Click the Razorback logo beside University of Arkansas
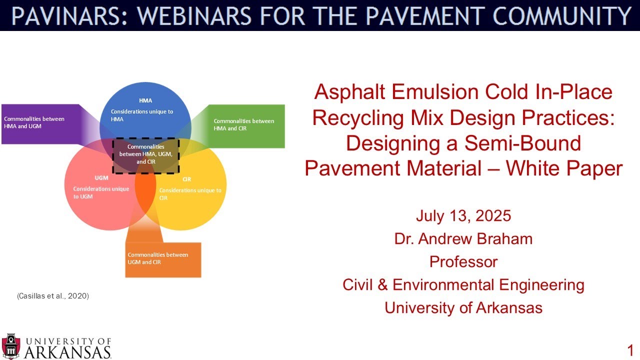[x=11, y=345]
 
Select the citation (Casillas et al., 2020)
[x=52, y=296]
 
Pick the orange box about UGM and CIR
[x=163, y=259]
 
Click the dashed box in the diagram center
[x=145, y=155]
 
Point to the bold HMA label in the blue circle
[x=145, y=100]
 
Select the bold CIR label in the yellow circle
[x=187, y=179]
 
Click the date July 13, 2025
[x=463, y=216]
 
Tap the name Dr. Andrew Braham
[x=463, y=239]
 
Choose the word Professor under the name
[x=463, y=261]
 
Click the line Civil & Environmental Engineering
[x=463, y=284]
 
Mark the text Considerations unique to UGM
[x=101, y=192]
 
